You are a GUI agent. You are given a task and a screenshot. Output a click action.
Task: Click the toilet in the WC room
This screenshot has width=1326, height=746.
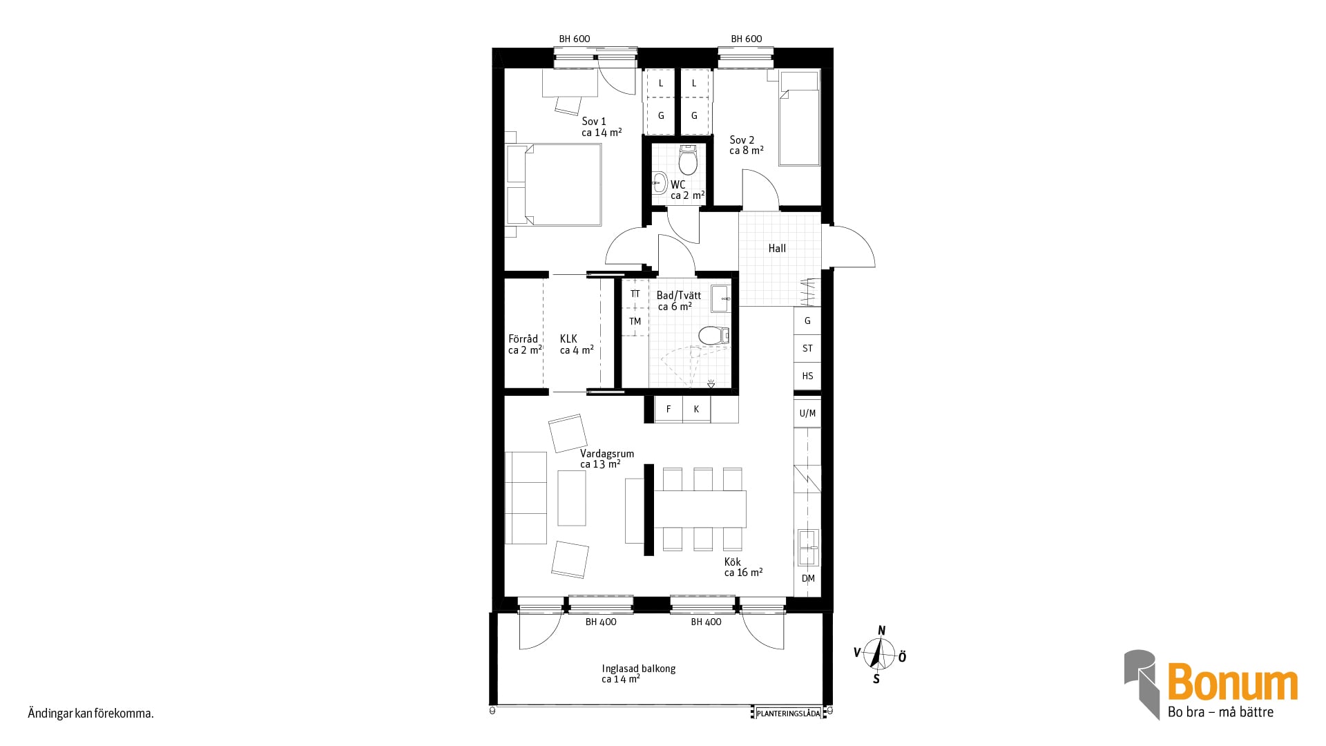pos(688,160)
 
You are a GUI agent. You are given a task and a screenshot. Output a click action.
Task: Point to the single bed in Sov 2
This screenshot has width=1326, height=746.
pos(799,118)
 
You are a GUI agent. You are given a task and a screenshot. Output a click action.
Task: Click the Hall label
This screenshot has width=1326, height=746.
pos(777,249)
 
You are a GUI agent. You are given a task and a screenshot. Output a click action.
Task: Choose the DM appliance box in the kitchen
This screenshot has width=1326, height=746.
pos(807,579)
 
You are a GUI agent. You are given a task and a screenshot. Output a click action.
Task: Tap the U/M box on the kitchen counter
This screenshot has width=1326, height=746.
pos(807,414)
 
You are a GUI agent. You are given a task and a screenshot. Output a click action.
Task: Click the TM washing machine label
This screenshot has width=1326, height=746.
pos(635,321)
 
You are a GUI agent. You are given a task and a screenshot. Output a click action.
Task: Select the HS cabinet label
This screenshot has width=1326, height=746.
pos(807,376)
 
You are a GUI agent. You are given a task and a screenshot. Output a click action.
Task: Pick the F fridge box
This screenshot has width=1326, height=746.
pos(669,409)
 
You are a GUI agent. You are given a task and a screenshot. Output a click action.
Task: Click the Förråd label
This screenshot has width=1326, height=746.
pos(523,339)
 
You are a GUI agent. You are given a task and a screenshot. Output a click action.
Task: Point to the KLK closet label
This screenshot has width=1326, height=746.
pos(568,339)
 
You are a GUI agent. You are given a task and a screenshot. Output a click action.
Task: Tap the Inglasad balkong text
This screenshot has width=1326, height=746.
pos(638,669)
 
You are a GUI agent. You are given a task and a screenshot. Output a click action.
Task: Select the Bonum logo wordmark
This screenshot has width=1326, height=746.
pos(1233,682)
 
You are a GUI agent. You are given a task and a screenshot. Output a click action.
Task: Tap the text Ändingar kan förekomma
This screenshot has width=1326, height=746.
pos(90,714)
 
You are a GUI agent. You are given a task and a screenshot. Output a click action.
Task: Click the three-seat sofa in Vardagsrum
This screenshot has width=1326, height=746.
pos(526,497)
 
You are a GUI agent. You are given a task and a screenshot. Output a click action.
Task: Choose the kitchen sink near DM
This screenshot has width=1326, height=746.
pos(807,546)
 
